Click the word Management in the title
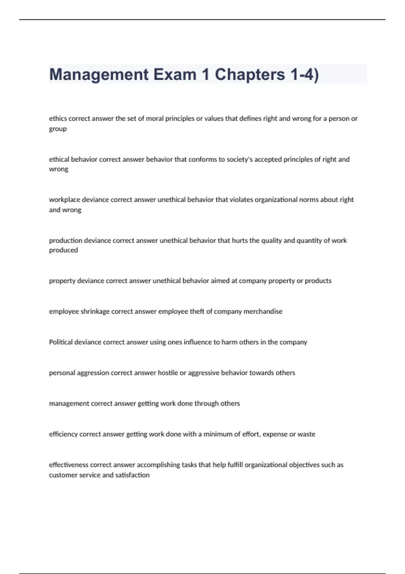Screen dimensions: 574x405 pos(99,75)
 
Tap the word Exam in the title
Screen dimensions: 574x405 pos(175,75)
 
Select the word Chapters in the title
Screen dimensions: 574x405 pos(250,75)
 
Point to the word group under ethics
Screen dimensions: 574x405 pos(58,129)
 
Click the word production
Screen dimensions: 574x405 pos(65,240)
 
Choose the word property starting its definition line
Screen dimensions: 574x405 pos(62,281)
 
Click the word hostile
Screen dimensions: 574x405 pos(168,373)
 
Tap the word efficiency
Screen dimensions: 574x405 pos(63,434)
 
